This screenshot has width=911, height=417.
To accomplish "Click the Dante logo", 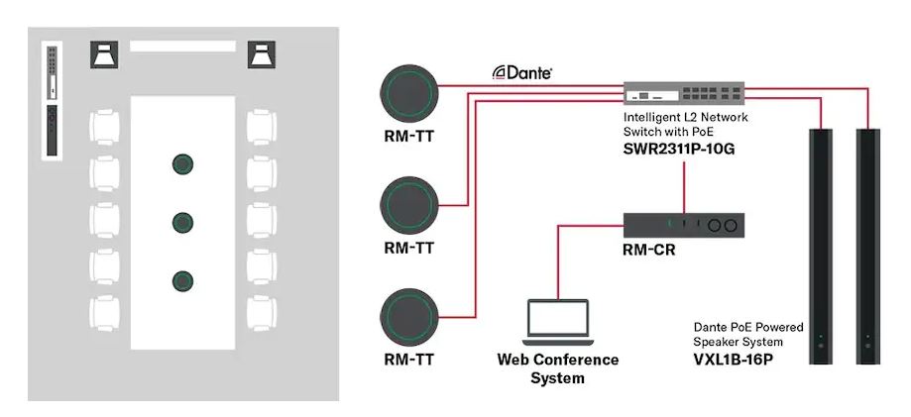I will pyautogui.click(x=522, y=72).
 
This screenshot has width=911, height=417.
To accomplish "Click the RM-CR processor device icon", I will pyautogui.click(x=683, y=226).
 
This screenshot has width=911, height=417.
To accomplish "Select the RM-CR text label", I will pyautogui.click(x=650, y=252).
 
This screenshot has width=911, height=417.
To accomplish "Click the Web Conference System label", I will pyautogui.click(x=557, y=368).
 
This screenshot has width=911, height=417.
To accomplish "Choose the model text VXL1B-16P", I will pyautogui.click(x=733, y=359).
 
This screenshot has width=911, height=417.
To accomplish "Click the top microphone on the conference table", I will pyautogui.click(x=181, y=163).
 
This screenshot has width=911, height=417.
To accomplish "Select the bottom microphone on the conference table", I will pyautogui.click(x=181, y=280).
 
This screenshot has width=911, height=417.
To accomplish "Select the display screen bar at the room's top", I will pyautogui.click(x=183, y=46).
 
